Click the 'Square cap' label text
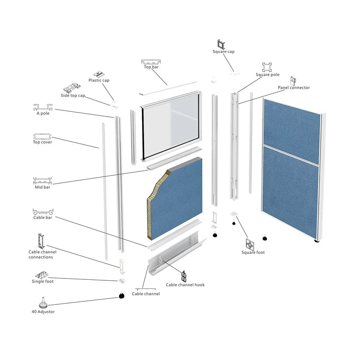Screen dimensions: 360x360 [224, 51]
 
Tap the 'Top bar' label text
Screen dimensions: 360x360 [151, 67]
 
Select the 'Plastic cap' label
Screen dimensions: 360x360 [99, 80]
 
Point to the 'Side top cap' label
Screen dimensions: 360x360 [73, 96]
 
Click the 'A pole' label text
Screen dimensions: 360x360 [43, 113]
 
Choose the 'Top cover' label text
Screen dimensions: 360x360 [42, 142]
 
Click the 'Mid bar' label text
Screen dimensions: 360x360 [42, 187]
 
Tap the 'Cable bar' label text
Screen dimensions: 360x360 [43, 217]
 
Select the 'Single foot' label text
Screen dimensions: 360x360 [43, 281]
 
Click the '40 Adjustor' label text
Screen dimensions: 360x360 [43, 312]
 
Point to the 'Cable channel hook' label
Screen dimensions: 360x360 [185, 285]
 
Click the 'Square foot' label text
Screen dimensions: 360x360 [253, 252]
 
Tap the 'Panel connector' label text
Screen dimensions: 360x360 [294, 88]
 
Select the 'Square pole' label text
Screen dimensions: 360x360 [267, 75]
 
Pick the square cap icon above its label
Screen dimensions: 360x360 [222, 43]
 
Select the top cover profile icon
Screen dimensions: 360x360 [42, 136]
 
